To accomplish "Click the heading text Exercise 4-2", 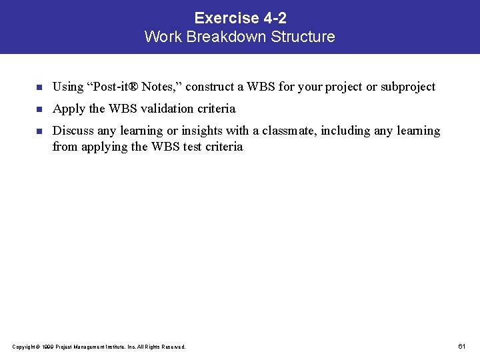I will [240, 18].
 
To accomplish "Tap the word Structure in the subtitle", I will [303, 37].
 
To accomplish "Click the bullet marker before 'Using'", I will [39, 87].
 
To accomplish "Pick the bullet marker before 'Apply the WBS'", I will [39, 109].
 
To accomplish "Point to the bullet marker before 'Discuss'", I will [39, 131].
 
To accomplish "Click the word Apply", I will [67, 108].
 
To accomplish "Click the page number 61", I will [462, 346].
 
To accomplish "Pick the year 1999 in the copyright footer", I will [47, 347].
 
